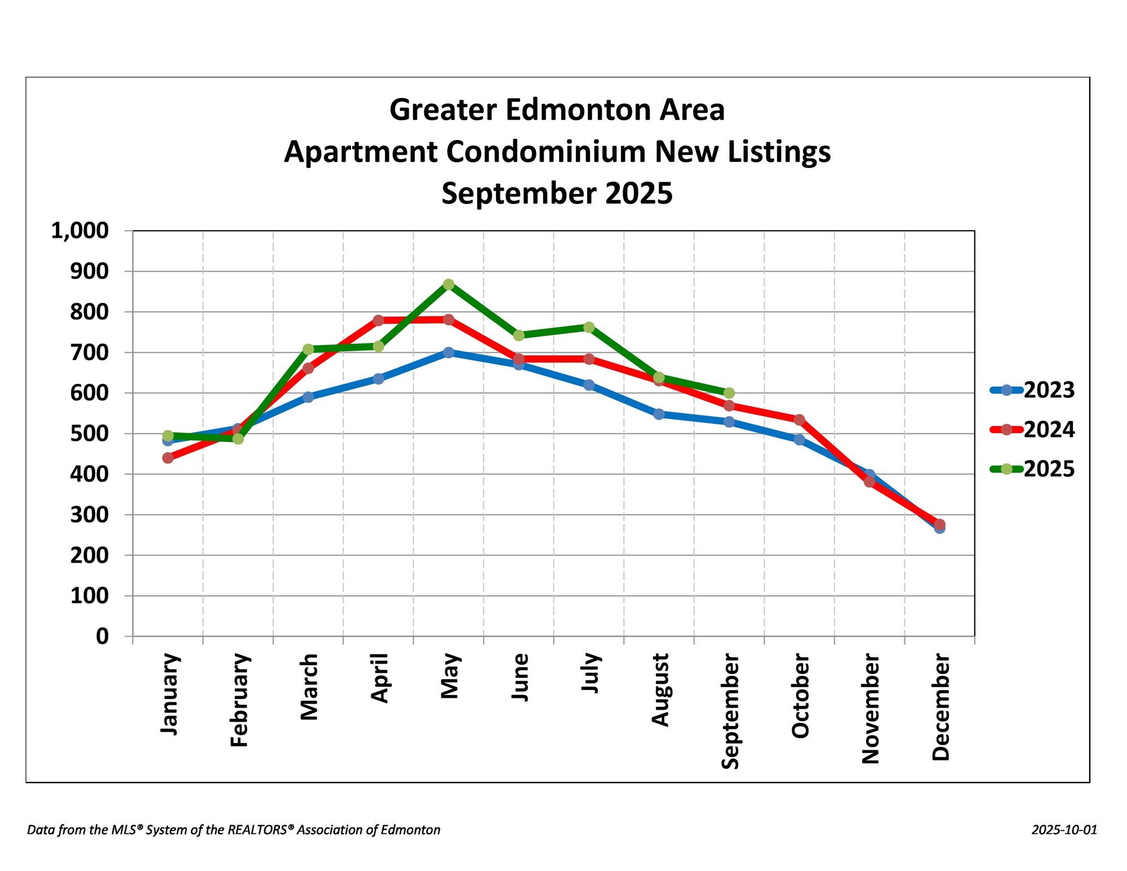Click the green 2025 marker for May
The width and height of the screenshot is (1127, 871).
tap(449, 285)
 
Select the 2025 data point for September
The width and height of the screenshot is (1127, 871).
tap(729, 393)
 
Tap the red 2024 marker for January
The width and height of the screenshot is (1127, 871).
tap(168, 458)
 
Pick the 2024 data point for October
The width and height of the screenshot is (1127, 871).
tap(799, 420)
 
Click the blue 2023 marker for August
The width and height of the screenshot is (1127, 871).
tap(659, 414)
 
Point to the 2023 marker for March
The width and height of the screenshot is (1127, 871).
tap(308, 397)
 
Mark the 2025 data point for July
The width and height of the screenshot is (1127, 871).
tap(589, 328)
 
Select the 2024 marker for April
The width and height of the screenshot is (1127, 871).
tap(378, 320)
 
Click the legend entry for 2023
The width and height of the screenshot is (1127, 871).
tap(1032, 390)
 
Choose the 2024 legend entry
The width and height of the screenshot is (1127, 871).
tap(1032, 430)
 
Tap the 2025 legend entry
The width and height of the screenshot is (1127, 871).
tap(1032, 469)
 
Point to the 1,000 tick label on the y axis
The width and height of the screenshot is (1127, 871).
tap(80, 231)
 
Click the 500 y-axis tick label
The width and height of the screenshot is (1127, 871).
tap(89, 434)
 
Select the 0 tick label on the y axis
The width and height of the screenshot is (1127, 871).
tap(102, 636)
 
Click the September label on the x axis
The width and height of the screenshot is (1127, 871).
tap(730, 711)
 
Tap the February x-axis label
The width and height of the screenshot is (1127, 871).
tap(239, 700)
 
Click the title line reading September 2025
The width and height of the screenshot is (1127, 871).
tap(557, 193)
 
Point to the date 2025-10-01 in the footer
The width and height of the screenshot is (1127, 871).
tap(1064, 830)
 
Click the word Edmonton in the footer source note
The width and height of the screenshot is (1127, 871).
tap(411, 830)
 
